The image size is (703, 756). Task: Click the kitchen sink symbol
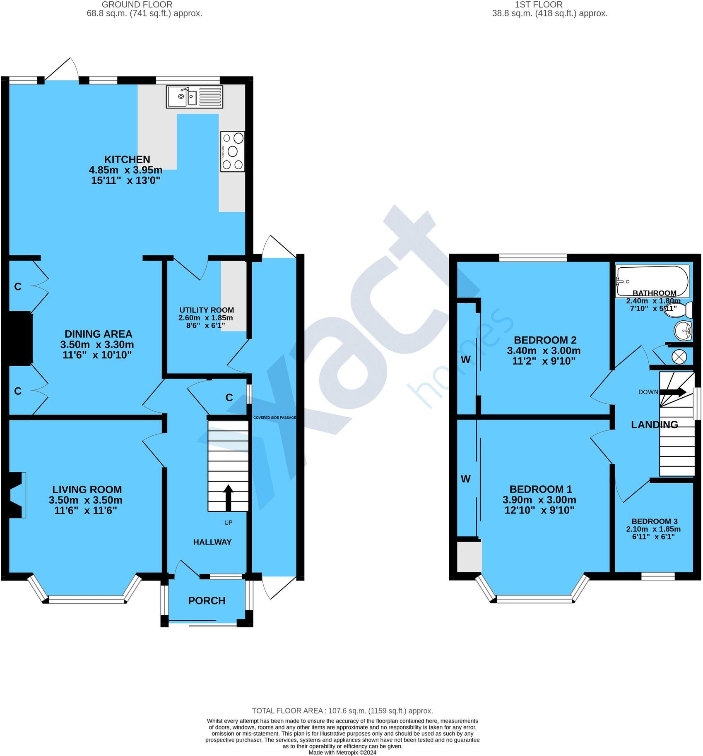coord(194,97)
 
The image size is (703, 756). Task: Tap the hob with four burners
coord(233,151)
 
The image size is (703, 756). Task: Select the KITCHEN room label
coord(127,159)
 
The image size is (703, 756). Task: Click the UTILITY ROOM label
coord(207,310)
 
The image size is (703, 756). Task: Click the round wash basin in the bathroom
coord(683,331)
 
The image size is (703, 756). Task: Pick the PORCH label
coord(207,600)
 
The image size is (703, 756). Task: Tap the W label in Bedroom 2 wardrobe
coord(465,360)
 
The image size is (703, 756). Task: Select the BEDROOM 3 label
coord(654,521)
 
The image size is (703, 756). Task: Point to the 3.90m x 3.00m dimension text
coord(539,500)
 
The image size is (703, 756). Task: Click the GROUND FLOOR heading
coord(137,5)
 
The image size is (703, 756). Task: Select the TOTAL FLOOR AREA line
coord(342,711)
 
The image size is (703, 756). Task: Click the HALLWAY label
coord(212,542)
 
